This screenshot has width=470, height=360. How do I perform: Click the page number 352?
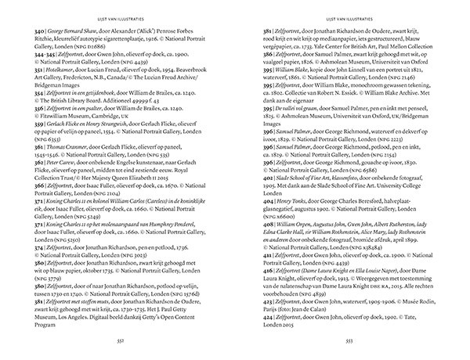pyautogui.click(x=118, y=341)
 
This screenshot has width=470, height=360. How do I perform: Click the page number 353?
pyautogui.click(x=350, y=341)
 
